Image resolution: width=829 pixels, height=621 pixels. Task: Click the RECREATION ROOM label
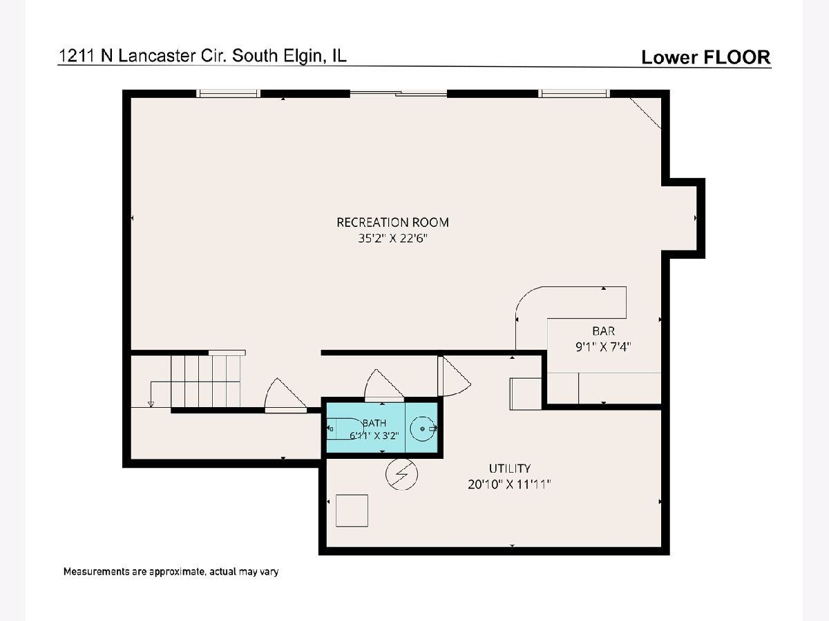point(392,222)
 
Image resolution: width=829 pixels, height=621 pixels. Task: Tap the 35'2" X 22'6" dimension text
point(392,238)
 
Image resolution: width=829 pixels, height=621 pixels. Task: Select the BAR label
point(603,331)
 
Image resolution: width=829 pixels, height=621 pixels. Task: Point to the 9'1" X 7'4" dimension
point(603,346)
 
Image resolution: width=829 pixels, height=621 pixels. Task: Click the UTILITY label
point(509,469)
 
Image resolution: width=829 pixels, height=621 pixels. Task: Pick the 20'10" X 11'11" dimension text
point(509,484)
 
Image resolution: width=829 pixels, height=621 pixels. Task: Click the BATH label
point(374,423)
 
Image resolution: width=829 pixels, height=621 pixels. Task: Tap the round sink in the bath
point(423,428)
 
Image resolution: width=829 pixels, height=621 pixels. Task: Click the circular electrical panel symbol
point(401,474)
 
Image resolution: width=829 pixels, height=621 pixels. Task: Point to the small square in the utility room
point(352,511)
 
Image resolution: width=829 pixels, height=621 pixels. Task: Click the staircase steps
point(205,381)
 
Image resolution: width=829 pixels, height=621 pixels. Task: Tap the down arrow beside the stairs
point(151,404)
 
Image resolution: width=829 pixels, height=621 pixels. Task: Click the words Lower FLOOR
point(706,57)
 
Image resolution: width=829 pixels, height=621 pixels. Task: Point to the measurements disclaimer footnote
point(171,571)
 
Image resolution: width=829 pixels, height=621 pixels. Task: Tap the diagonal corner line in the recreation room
point(645,112)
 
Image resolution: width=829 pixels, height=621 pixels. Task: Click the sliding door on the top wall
point(399,93)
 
